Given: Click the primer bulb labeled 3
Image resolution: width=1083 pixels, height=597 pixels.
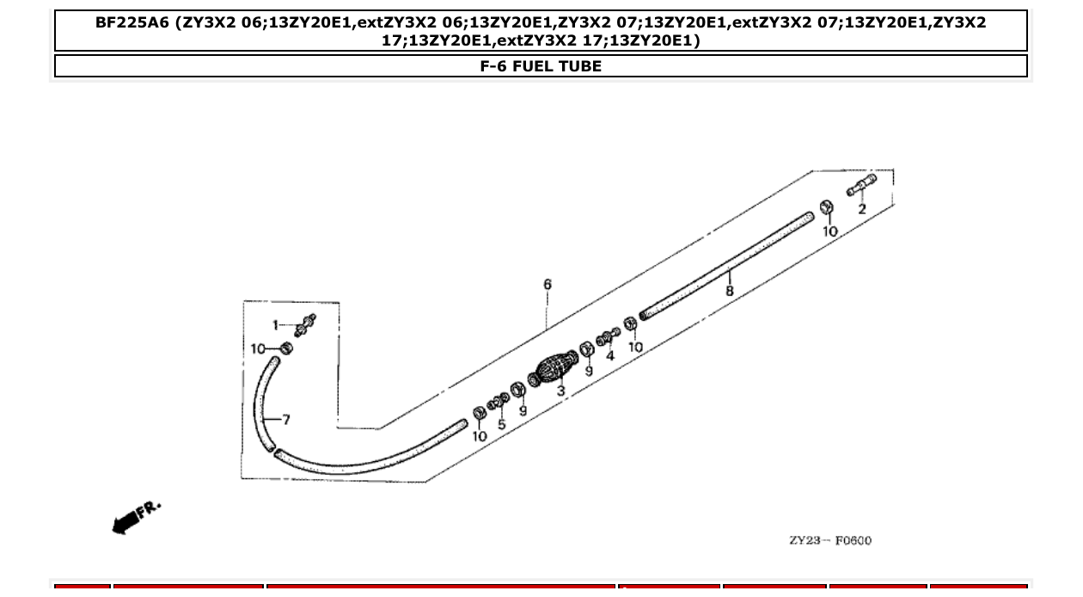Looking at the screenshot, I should (x=554, y=368).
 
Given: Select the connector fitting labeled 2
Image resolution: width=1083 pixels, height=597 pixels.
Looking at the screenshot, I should (x=861, y=186).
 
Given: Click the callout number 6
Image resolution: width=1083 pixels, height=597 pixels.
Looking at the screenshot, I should (x=548, y=285).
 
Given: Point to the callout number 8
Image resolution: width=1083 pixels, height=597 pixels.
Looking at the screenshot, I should (x=730, y=291).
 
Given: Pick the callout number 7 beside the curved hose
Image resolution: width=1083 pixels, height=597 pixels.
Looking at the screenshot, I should (x=285, y=420).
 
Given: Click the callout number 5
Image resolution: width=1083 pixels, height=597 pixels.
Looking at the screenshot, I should (x=502, y=424).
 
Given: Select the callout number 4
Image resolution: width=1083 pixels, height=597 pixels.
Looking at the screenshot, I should (x=610, y=355).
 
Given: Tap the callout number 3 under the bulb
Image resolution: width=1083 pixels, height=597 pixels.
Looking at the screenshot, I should (x=561, y=391).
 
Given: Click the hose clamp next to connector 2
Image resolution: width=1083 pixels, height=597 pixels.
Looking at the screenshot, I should (x=826, y=208).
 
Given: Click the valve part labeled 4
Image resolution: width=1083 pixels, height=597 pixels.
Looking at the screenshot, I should (x=607, y=337).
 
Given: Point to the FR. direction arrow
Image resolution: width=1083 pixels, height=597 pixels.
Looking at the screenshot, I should (x=134, y=516).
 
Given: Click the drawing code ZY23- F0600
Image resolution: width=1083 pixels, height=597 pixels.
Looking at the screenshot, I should (x=829, y=540).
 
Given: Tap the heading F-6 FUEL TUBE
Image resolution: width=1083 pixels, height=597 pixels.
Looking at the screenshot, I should (x=541, y=66).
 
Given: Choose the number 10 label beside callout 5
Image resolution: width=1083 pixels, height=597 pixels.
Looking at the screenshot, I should (x=480, y=436).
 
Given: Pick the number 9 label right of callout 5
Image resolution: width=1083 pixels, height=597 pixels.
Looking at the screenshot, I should (x=523, y=410).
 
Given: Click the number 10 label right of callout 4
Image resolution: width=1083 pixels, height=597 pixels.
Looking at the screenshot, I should (x=635, y=347).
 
